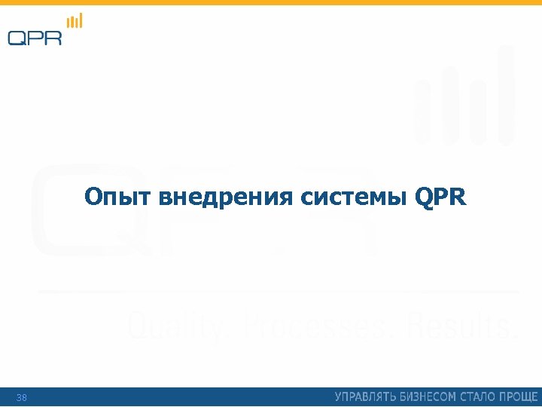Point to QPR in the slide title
[440, 198]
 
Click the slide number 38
[21, 397]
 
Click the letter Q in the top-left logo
[18, 37]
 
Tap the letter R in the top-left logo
[53, 37]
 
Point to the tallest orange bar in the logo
[81, 20]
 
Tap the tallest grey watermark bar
[506, 94]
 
